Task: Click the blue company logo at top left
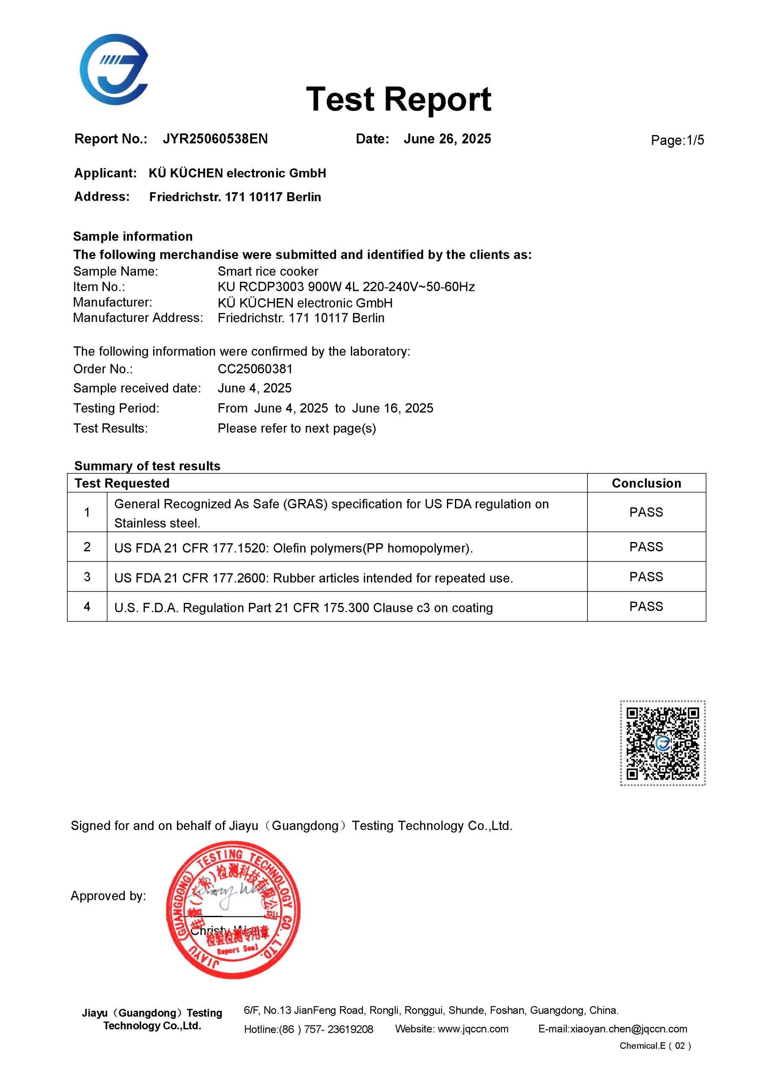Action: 114,69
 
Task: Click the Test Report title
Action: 398,99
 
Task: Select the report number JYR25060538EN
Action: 215,139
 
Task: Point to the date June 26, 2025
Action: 447,139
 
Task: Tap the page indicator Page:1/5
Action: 677,140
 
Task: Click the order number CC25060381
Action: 255,369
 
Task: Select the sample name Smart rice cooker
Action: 267,271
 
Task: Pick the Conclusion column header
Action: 646,483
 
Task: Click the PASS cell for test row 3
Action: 646,576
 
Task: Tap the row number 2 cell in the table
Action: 87,547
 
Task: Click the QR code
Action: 662,743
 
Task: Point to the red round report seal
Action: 233,909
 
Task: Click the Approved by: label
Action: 108,896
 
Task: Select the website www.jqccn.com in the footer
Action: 473,1029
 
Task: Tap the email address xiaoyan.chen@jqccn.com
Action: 628,1029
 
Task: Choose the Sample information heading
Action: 132,237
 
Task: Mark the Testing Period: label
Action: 116,408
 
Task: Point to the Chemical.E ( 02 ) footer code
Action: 655,1046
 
